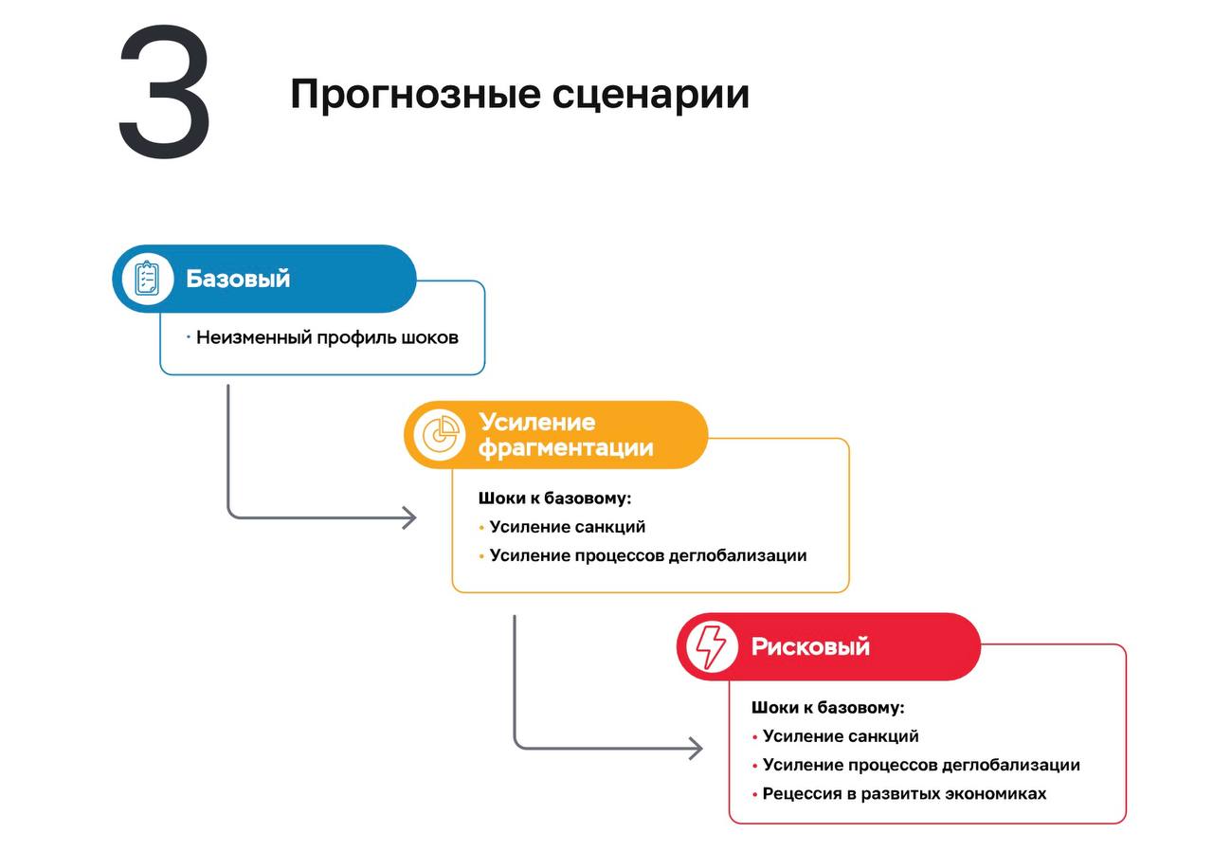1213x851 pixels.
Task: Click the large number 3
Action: (x=164, y=92)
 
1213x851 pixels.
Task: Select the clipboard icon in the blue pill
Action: (x=147, y=279)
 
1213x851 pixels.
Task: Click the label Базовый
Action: (x=238, y=279)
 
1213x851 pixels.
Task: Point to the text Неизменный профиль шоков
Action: (x=327, y=337)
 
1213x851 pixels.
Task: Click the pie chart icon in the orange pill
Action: (x=440, y=435)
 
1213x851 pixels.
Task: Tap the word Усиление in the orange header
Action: (x=536, y=423)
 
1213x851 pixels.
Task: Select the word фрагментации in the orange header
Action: (x=566, y=447)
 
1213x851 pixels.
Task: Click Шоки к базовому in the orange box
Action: (x=554, y=498)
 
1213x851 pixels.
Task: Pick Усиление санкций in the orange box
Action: (x=567, y=527)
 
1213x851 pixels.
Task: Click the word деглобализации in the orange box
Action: (x=737, y=555)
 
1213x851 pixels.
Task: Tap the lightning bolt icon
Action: (x=711, y=646)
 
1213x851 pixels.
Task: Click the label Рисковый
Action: (x=810, y=646)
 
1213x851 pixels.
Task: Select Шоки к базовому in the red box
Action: (x=828, y=708)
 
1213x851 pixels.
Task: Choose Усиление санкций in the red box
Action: (x=841, y=736)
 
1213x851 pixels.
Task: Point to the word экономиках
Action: (x=995, y=793)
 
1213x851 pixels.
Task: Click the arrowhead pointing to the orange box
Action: (x=410, y=518)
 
